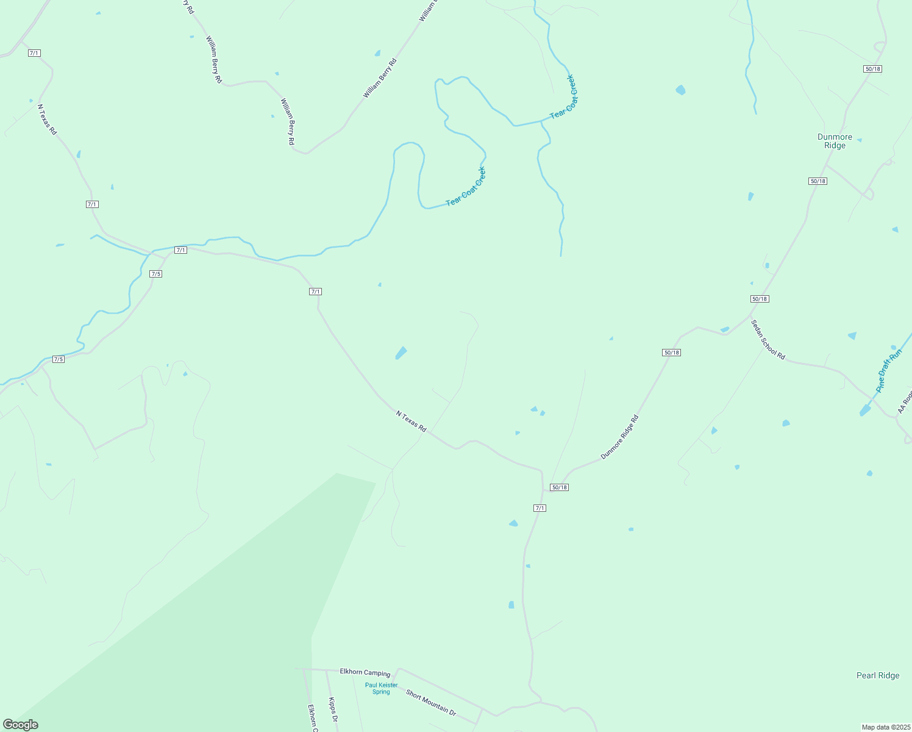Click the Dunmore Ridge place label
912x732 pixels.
pyautogui.click(x=835, y=142)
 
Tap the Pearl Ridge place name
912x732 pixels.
pyautogui.click(x=877, y=675)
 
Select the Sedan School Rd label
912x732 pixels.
pyautogui.click(x=768, y=340)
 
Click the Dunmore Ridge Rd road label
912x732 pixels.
pyautogui.click(x=619, y=437)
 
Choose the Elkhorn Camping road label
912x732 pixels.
pyautogui.click(x=365, y=672)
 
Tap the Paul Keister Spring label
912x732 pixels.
pyautogui.click(x=381, y=688)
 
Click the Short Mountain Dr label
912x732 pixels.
pyautogui.click(x=430, y=702)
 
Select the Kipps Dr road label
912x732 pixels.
pyautogui.click(x=333, y=710)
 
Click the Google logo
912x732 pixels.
pyautogui.click(x=21, y=725)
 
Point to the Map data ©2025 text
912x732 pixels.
pyautogui.click(x=885, y=727)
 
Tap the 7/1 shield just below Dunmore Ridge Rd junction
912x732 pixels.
pyautogui.click(x=540, y=508)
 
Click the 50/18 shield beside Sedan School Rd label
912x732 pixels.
pyautogui.click(x=760, y=299)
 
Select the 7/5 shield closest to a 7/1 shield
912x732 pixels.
pyautogui.click(x=155, y=274)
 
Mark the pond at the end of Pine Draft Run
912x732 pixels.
pyautogui.click(x=864, y=411)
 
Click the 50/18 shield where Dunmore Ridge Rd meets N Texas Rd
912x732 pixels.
pyautogui.click(x=559, y=487)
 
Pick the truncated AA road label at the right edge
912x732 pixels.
pyautogui.click(x=904, y=402)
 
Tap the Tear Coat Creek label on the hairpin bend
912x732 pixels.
pyautogui.click(x=466, y=186)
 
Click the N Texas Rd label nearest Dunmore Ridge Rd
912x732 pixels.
pyautogui.click(x=411, y=422)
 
